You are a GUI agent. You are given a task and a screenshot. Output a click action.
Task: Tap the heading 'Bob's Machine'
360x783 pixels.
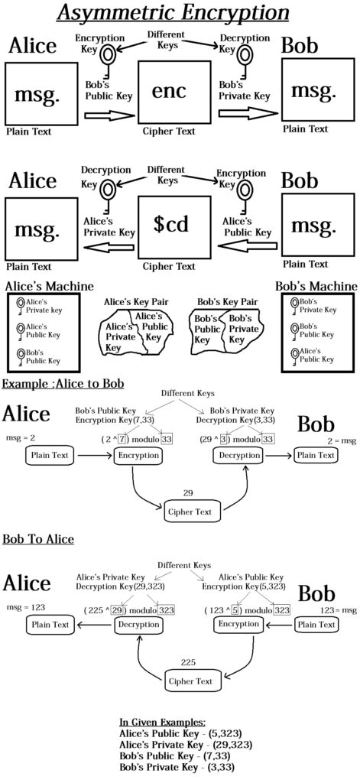click(316, 286)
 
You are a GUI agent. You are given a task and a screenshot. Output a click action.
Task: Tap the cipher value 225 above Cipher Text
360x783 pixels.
click(187, 661)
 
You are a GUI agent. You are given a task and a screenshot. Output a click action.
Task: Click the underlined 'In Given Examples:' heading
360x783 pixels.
click(162, 722)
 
